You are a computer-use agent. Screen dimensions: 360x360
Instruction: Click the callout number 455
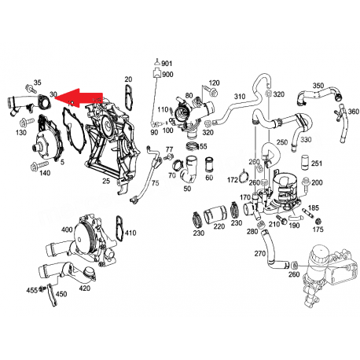coord(32,291)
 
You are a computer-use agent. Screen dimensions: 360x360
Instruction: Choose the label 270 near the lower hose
coord(259,254)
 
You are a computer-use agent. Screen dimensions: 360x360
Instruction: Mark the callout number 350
coord(318,85)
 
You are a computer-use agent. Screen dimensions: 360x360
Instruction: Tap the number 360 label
coord(353,112)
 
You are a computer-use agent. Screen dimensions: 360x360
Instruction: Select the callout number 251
coord(316,163)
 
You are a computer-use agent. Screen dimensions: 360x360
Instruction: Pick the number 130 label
coord(21,134)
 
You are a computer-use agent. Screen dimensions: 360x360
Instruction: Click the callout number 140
coord(45,172)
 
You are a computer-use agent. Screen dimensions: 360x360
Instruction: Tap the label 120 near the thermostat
coord(214,83)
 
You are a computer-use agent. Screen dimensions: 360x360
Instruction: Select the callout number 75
coord(154,183)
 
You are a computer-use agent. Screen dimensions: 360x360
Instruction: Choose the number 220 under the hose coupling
coord(219,226)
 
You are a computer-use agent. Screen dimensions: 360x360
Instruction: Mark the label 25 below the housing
coord(105,182)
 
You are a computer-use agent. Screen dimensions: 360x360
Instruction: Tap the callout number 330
coord(305,139)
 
